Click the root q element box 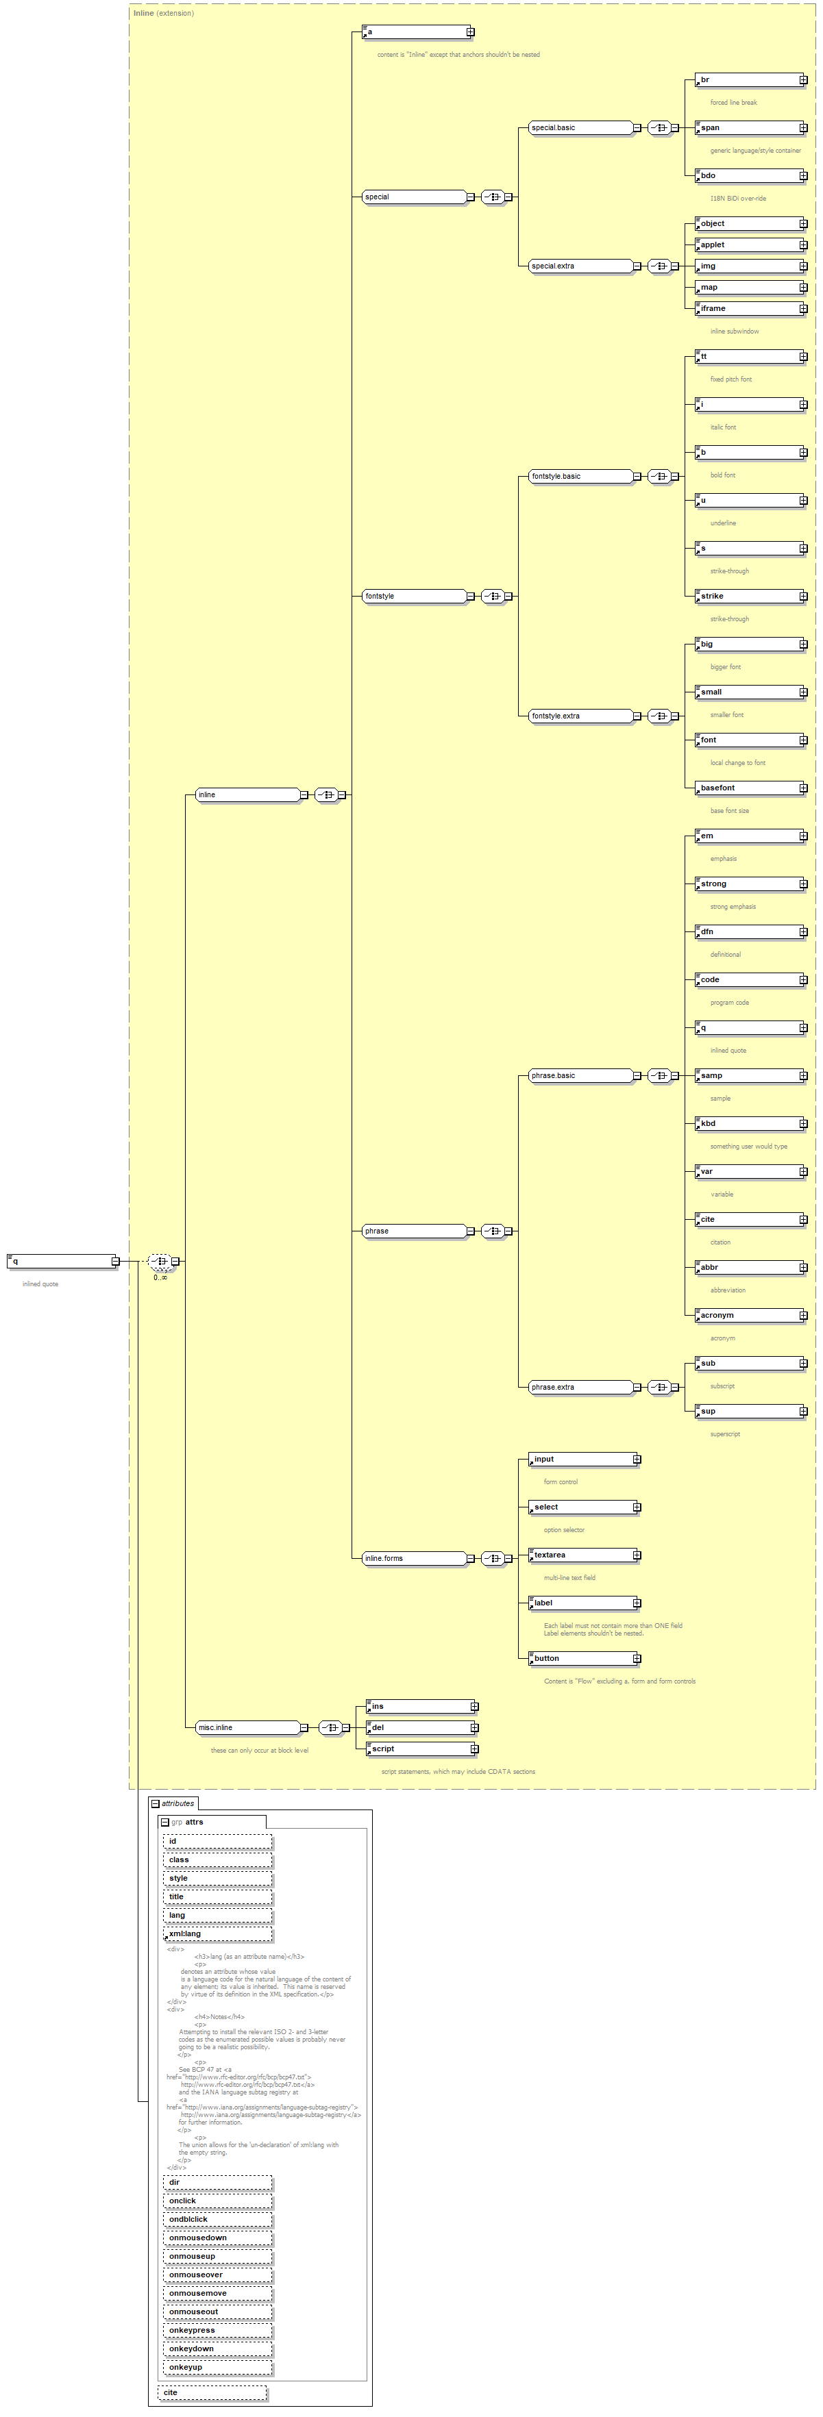point(62,1261)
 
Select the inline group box point(247,794)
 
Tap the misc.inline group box point(247,1727)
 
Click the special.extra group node point(579,266)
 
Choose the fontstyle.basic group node point(579,477)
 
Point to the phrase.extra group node point(579,1387)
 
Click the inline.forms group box point(413,1558)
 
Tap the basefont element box point(749,788)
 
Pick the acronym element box point(749,1316)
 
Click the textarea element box point(582,1555)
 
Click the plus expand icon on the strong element point(803,884)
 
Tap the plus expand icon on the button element point(636,1659)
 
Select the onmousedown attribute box point(218,2238)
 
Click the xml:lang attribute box point(218,1933)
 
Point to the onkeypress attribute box point(218,2330)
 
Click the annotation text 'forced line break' point(733,102)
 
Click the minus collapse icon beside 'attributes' point(156,1803)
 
